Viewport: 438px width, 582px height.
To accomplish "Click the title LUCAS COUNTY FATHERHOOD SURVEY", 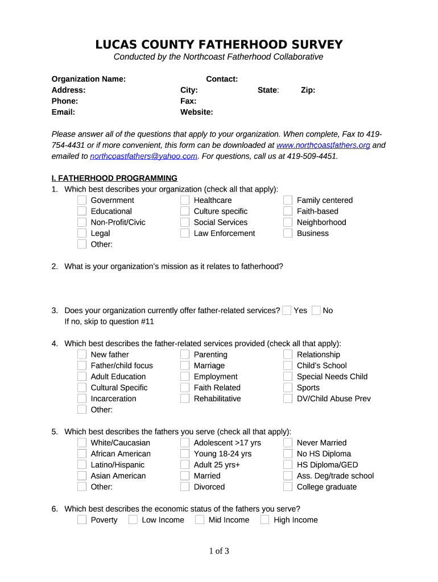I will pyautogui.click(x=219, y=44).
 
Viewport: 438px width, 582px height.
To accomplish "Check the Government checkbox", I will pyautogui.click(x=82, y=200).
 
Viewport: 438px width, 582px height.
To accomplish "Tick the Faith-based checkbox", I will pyautogui.click(x=288, y=211).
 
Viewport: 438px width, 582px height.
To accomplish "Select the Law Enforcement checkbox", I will pyautogui.click(x=185, y=234).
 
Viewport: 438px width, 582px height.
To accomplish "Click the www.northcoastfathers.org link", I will pyautogui.click(x=323, y=145).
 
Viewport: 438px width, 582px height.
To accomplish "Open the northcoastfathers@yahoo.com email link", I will pyautogui.click(x=143, y=156).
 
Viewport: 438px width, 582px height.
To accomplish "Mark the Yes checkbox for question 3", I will pyautogui.click(x=287, y=310).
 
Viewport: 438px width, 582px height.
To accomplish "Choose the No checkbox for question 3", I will pyautogui.click(x=316, y=310).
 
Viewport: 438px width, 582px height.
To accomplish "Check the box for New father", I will pyautogui.click(x=82, y=355).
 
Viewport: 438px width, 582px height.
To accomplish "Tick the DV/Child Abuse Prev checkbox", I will pyautogui.click(x=288, y=399).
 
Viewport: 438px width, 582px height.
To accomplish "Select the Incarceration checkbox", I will pyautogui.click(x=82, y=399).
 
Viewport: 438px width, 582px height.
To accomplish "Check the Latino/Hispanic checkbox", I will pyautogui.click(x=82, y=465).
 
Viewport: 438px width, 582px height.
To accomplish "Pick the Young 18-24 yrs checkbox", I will pyautogui.click(x=185, y=454).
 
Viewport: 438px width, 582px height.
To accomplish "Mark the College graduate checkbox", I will pyautogui.click(x=288, y=487).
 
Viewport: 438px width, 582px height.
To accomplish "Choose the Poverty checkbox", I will pyautogui.click(x=82, y=520).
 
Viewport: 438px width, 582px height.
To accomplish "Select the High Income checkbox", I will pyautogui.click(x=265, y=520).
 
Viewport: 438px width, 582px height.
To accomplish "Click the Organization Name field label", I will pyautogui.click(x=89, y=79).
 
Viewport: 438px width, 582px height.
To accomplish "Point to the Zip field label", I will pyautogui.click(x=308, y=90).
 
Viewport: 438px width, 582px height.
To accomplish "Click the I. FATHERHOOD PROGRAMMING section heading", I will pyautogui.click(x=114, y=178).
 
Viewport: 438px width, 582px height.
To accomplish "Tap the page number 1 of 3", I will pyautogui.click(x=219, y=551).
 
